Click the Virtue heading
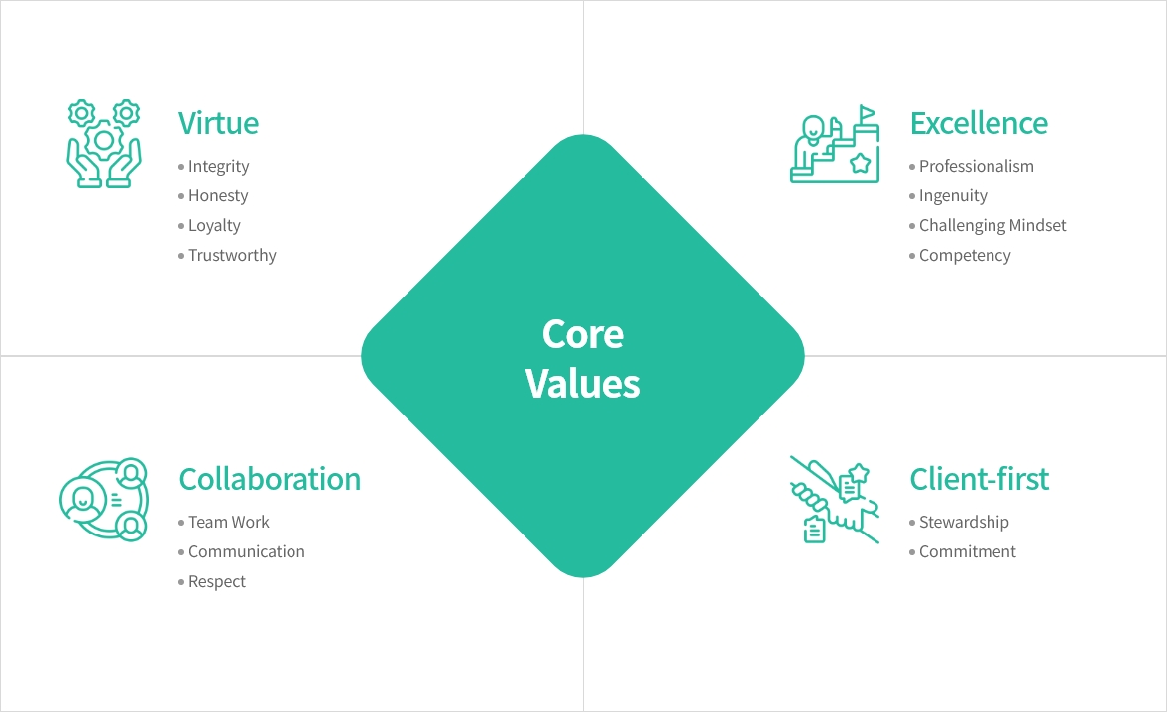pos(218,123)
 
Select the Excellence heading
pos(978,123)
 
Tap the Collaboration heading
pos(270,479)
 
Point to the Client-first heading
pos(979,479)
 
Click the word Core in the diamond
pos(583,334)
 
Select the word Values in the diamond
pos(583,383)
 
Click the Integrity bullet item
pos(218,167)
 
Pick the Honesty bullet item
pos(218,196)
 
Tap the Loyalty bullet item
pos(214,226)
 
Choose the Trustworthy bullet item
pos(232,256)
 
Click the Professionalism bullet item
pos(976,167)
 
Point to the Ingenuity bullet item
pos(953,196)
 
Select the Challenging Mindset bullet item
pos(992,226)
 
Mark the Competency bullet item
pos(965,256)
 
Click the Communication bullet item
pos(246,552)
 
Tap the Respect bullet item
pos(217,582)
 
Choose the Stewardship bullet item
pos(964,523)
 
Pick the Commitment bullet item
pos(967,552)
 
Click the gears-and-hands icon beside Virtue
pos(103,144)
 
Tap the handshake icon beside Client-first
pos(835,500)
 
